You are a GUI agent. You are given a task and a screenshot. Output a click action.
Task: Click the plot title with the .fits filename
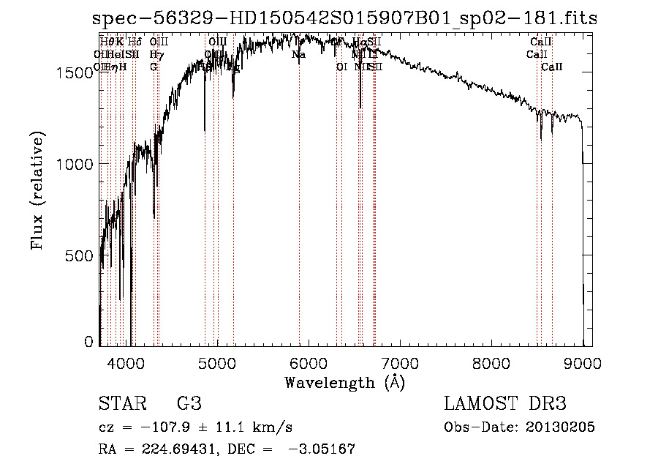tap(344, 18)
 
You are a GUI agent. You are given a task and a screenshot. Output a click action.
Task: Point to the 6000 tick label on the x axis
tap(309, 362)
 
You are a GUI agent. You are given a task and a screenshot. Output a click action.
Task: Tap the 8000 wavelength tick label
tap(491, 362)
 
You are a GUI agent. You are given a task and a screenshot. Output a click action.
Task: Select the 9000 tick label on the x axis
tap(583, 362)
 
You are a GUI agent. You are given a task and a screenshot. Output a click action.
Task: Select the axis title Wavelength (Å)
tap(344, 382)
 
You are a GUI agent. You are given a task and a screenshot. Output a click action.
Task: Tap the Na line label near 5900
tap(298, 54)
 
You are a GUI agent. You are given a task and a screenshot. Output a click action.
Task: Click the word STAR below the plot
tap(121, 404)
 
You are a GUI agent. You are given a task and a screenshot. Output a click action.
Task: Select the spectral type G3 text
tap(188, 404)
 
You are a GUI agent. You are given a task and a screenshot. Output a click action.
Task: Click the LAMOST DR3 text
tap(505, 404)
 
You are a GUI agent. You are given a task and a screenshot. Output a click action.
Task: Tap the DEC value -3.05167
tap(322, 449)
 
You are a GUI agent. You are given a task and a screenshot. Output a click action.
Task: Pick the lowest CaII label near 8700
tap(552, 67)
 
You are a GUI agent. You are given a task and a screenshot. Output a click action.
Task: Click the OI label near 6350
tap(341, 67)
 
